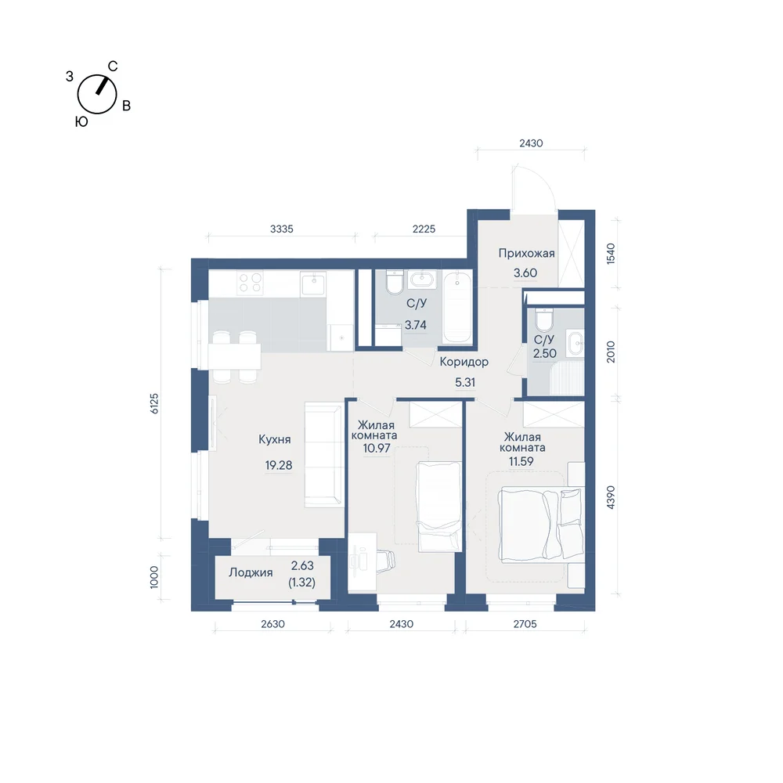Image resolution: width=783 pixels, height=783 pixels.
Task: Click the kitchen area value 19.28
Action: pos(279,465)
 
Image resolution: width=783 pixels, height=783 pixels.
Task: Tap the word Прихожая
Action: pos(526,253)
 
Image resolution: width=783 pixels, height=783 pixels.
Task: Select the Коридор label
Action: pos(464,362)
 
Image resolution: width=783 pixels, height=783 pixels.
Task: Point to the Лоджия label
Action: pos(251,573)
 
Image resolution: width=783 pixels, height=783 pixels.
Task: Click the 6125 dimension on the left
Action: pos(154,403)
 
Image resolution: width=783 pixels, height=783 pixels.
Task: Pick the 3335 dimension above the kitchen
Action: pos(282,229)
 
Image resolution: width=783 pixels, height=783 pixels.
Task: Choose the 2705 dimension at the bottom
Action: pos(525,624)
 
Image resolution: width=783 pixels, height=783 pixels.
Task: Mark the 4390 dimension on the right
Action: pos(610,497)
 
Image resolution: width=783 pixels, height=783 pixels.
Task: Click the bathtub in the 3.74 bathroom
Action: pos(457,307)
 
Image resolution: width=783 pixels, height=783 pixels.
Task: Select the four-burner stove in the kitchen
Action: pos(251,282)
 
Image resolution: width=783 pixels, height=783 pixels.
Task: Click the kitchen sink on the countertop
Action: pos(313,283)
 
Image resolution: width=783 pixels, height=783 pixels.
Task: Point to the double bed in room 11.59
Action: pos(541,523)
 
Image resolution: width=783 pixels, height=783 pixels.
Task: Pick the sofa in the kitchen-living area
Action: pos(323,455)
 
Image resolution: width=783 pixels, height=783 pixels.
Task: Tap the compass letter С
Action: pos(113,67)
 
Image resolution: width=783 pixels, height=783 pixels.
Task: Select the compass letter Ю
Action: pos(81,121)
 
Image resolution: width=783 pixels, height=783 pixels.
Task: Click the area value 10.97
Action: pos(377,448)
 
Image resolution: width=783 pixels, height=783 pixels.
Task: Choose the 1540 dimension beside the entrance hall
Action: pos(610,254)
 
